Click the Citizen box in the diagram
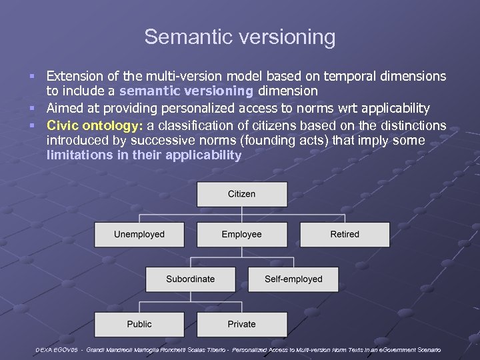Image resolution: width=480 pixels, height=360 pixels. (241, 194)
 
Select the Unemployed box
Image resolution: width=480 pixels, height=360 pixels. (139, 235)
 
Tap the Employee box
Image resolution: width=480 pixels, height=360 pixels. (241, 235)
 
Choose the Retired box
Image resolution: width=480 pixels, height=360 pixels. (344, 235)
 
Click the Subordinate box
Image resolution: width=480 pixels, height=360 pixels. (190, 279)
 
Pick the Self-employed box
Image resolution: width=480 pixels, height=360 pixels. (293, 279)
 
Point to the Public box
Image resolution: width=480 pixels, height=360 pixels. (139, 325)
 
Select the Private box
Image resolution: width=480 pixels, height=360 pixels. (241, 325)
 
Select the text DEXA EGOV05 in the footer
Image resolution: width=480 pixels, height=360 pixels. (59, 350)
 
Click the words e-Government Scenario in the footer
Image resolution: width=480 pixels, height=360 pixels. (407, 350)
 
